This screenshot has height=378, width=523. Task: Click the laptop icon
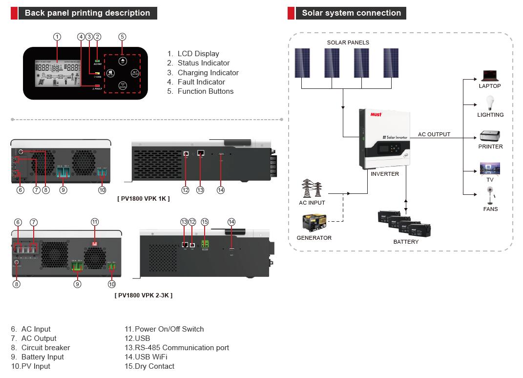tap(489, 76)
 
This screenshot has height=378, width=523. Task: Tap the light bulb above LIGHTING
tap(490, 103)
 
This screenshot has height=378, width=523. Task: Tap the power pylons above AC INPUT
tap(312, 189)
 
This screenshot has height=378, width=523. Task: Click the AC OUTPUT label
tap(434, 134)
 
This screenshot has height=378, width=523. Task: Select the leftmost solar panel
tap(302, 63)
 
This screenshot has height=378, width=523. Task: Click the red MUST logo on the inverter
tap(376, 114)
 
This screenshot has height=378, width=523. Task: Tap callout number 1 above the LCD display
tap(57, 37)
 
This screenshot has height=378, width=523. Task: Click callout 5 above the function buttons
tap(122, 37)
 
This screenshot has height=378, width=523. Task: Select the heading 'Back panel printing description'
tap(87, 13)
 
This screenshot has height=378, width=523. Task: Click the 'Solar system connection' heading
tap(351, 13)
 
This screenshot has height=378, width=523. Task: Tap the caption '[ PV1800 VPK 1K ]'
tap(144, 199)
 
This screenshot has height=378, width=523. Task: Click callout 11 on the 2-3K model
tap(95, 222)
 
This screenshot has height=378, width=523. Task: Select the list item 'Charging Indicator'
tap(208, 73)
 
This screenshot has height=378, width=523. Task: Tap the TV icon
tap(490, 168)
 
